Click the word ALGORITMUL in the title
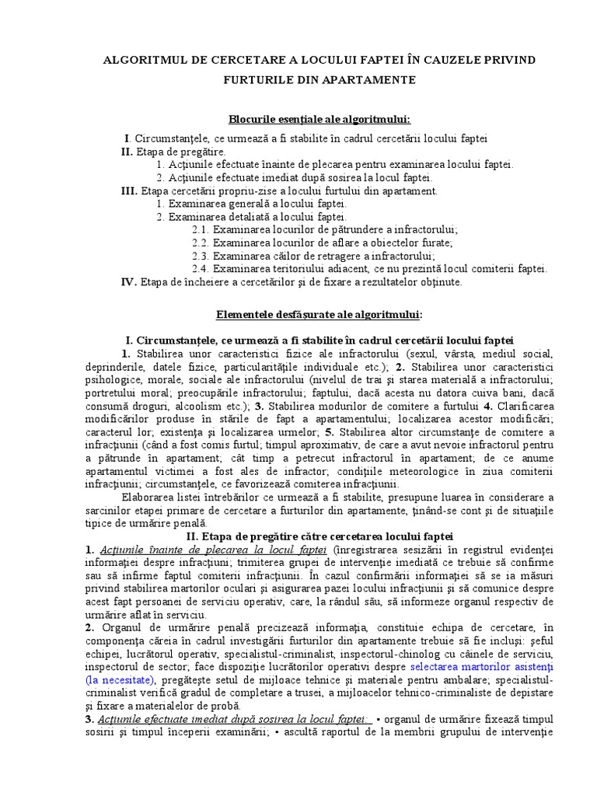click(x=139, y=60)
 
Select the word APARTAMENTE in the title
click(x=370, y=79)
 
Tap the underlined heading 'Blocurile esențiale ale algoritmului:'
click(x=319, y=119)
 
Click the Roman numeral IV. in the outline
click(x=129, y=281)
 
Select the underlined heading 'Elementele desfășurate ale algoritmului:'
click(x=319, y=314)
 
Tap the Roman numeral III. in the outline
click(x=129, y=190)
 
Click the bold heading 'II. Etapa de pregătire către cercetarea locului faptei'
click(x=319, y=536)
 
